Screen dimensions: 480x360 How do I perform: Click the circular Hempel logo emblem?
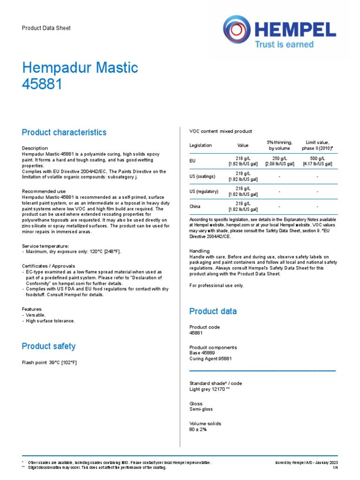(237, 30)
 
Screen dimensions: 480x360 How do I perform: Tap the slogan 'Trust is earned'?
(284, 44)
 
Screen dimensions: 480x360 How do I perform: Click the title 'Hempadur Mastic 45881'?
(80, 76)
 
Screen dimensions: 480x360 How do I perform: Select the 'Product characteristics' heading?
(64, 133)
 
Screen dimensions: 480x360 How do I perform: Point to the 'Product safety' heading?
(49, 346)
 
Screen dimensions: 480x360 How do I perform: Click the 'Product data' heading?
(213, 311)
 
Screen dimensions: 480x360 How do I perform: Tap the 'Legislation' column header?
(201, 145)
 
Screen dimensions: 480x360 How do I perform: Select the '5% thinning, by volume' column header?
(279, 145)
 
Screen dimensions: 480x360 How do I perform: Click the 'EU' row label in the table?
(192, 161)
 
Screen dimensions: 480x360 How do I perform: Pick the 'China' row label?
(195, 206)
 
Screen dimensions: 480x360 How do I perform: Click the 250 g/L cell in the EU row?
(279, 161)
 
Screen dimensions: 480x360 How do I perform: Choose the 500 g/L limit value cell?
(317, 161)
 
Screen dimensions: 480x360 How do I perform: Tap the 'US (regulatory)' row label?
(204, 191)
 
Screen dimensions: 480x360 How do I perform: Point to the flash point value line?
(49, 362)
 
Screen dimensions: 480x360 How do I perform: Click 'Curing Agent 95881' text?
(210, 359)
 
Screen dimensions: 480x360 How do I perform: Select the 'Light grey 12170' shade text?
(209, 389)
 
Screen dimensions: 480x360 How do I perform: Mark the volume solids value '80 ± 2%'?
(198, 429)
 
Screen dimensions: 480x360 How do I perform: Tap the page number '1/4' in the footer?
(335, 468)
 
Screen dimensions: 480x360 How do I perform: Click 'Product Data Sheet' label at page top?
(46, 28)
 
